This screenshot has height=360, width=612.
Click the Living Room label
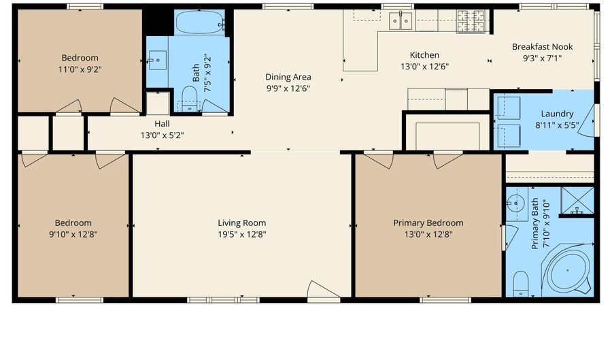[241, 223]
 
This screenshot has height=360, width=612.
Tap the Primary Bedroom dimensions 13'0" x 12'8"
[428, 234]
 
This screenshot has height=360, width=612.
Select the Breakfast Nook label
[542, 47]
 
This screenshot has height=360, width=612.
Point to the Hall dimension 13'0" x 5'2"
[162, 135]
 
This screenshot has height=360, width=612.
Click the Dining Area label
[288, 77]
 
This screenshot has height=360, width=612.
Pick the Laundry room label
[557, 114]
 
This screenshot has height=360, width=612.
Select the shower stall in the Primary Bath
[577, 201]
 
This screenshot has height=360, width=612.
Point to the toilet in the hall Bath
[190, 98]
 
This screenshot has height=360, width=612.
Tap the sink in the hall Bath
[157, 61]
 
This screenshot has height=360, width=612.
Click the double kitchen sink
[400, 21]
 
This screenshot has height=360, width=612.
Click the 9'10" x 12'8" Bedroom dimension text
[73, 234]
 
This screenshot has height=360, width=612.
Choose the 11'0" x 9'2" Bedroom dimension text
[80, 69]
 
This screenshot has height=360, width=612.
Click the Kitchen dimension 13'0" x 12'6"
[424, 67]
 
